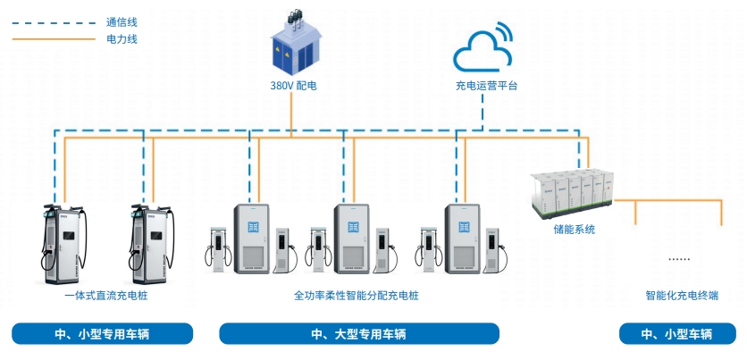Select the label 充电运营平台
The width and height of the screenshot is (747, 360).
click(x=485, y=87)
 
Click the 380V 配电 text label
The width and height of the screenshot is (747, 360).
click(x=294, y=87)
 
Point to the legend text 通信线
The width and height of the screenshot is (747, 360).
click(x=121, y=21)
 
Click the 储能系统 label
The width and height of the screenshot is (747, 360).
click(x=574, y=230)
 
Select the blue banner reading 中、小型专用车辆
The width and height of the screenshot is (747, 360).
click(x=102, y=334)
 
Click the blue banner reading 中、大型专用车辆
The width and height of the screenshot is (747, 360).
click(x=358, y=334)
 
